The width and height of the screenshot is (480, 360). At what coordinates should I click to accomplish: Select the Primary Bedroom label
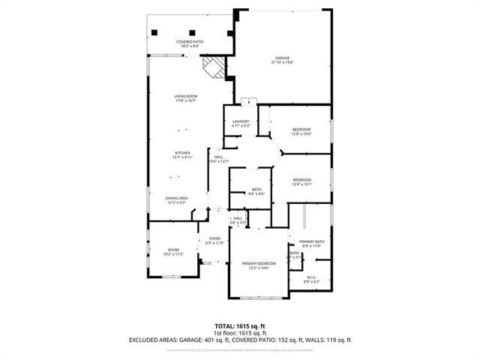click(x=259, y=265)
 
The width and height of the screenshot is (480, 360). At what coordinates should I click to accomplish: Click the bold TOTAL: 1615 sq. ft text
click(x=239, y=325)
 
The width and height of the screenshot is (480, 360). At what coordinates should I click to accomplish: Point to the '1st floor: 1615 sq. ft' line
click(x=239, y=332)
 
